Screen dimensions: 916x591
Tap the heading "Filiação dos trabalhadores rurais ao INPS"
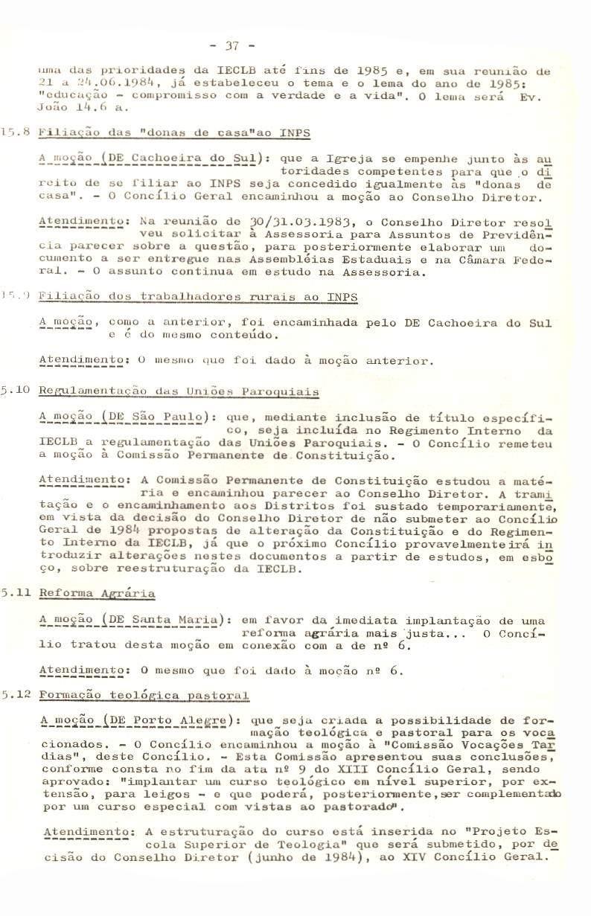pyautogui.click(x=198, y=297)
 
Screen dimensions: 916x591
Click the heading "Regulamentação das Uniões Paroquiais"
pyautogui.click(x=179, y=391)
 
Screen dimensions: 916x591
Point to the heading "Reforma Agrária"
pyautogui.click(x=97, y=593)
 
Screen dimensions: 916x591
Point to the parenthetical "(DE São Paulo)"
pyautogui.click(x=159, y=417)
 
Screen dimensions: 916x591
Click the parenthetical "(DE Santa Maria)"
pyautogui.click(x=163, y=619)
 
